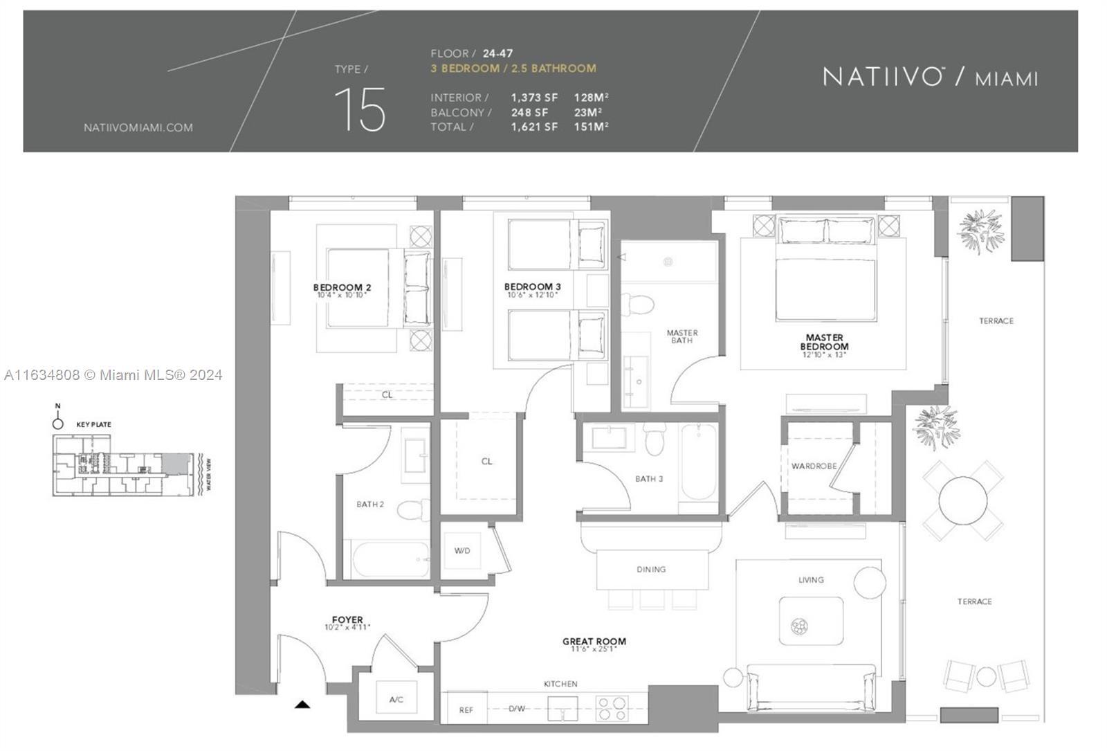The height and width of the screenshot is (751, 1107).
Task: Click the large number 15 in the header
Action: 360,110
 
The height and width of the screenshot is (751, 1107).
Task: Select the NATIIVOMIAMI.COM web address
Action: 138,127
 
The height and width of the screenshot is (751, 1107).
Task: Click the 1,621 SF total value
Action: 534,127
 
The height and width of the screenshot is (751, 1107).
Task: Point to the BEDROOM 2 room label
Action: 342,287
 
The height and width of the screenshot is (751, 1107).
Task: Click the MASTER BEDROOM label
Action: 824,342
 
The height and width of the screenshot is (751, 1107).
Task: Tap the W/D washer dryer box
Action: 462,551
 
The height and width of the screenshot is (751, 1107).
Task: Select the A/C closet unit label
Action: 396,700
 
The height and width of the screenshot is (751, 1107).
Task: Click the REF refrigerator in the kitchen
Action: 466,710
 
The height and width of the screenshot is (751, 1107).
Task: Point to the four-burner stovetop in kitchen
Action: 612,709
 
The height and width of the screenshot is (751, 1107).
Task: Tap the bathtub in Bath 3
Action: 698,462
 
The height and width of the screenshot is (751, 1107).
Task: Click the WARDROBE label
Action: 814,467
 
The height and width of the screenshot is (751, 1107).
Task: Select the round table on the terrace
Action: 962,500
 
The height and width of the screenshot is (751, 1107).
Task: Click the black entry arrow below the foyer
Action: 302,705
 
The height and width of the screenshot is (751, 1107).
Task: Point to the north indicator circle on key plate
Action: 58,423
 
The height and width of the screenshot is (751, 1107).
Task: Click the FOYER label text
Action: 347,619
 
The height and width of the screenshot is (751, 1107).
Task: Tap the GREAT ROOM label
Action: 594,642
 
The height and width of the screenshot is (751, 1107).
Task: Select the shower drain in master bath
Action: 668,262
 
